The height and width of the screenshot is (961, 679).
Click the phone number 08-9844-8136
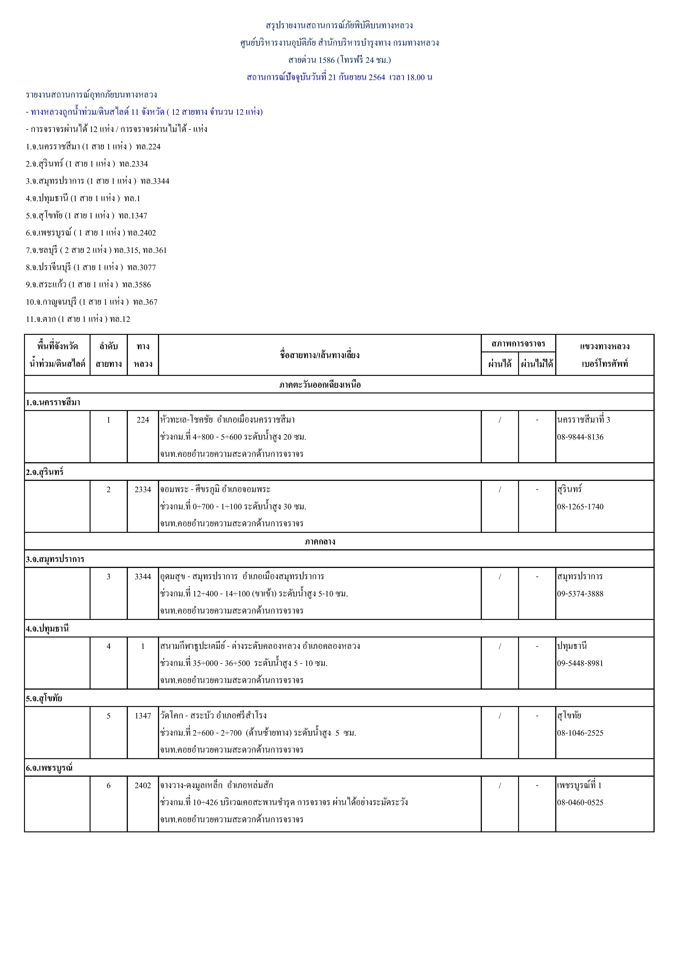(x=580, y=437)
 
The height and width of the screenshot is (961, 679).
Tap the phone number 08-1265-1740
(x=580, y=506)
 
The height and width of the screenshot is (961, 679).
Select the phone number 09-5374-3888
(x=580, y=593)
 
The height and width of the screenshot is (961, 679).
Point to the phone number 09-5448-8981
(x=580, y=663)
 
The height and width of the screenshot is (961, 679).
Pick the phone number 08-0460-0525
(x=580, y=802)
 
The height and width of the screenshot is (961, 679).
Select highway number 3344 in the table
(x=143, y=576)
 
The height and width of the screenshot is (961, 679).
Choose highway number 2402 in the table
(x=143, y=785)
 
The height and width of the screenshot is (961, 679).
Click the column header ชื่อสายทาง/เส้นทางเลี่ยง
(x=320, y=355)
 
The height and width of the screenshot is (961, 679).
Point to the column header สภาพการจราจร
(x=518, y=344)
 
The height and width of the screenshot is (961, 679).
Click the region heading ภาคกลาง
(x=320, y=541)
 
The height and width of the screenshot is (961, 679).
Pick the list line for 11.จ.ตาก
(x=78, y=319)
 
